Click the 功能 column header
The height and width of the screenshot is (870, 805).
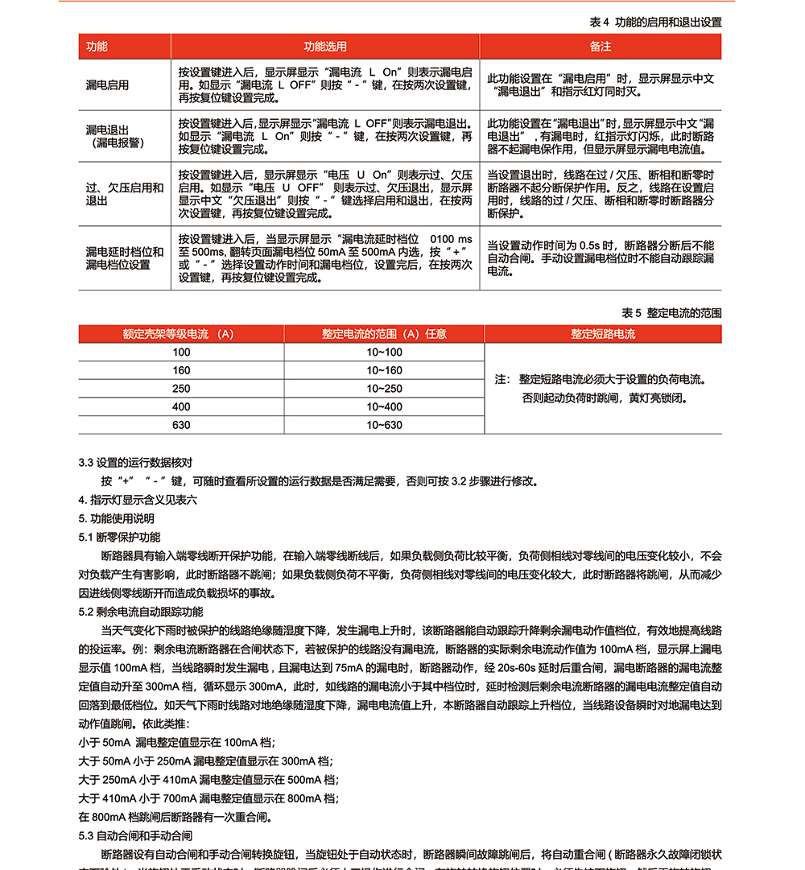click(x=97, y=47)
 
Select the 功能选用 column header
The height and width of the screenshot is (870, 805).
click(x=324, y=47)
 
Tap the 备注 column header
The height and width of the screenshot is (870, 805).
click(x=601, y=47)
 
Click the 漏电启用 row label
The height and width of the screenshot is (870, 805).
click(x=108, y=85)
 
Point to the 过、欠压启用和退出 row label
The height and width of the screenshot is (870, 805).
click(x=124, y=194)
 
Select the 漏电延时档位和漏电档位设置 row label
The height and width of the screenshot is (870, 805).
click(x=124, y=258)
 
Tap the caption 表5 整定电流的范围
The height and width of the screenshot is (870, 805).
click(x=671, y=312)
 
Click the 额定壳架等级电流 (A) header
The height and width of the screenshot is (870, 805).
click(x=178, y=334)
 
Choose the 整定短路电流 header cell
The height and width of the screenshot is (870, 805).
click(x=603, y=334)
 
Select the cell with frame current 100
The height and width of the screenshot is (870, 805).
click(x=181, y=353)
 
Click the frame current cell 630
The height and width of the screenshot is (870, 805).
click(x=181, y=425)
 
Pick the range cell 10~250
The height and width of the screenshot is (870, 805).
click(x=384, y=389)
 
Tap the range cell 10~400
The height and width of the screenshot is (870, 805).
click(x=384, y=407)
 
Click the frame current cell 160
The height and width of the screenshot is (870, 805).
click(x=181, y=371)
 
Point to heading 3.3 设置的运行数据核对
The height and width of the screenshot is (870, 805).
click(x=135, y=463)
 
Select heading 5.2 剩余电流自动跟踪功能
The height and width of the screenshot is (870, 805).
click(x=141, y=612)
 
